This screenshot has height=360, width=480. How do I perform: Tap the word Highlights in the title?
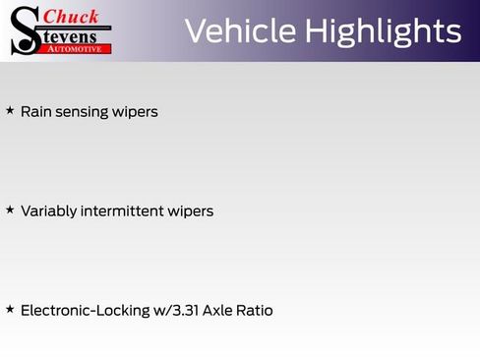coord(383,31)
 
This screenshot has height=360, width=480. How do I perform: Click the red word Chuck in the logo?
coord(72,16)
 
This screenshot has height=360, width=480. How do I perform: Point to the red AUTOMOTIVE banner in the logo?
coord(76,47)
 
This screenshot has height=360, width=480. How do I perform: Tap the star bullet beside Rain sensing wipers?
coord(10,111)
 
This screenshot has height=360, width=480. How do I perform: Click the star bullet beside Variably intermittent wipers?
coord(10,210)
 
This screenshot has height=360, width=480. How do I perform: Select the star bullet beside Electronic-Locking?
coord(10,310)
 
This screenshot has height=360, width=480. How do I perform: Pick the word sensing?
coord(83,113)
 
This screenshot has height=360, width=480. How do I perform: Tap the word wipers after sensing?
coord(136,113)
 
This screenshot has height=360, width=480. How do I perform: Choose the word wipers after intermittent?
coord(192,212)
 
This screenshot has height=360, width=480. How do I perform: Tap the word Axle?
coord(219,311)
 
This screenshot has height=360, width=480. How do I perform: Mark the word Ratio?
coord(256,311)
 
